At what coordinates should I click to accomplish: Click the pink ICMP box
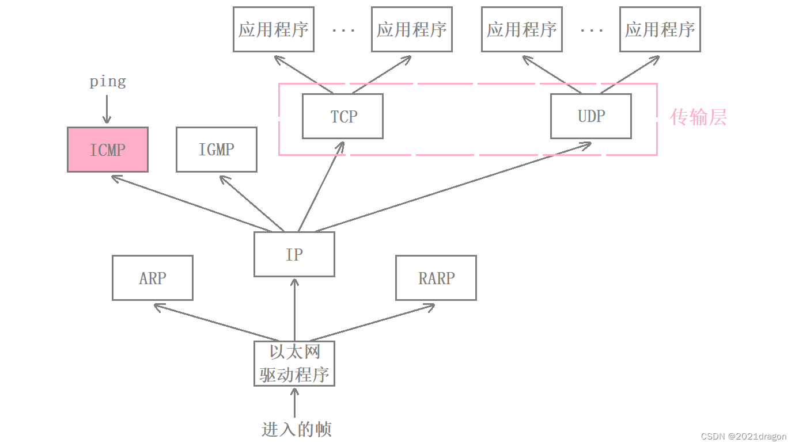[x=108, y=150]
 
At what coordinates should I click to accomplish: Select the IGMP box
[x=217, y=150]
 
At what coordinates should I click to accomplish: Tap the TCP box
[x=343, y=116]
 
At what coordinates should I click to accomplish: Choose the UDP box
[x=591, y=116]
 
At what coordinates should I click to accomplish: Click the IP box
[x=294, y=254]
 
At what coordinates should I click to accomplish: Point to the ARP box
[x=153, y=278]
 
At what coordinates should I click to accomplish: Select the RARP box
[x=436, y=278]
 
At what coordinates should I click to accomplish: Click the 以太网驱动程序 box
[x=294, y=364]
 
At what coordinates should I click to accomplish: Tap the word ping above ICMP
[x=108, y=82]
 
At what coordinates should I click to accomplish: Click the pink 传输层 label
[x=698, y=117]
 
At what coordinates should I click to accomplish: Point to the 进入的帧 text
[x=296, y=429]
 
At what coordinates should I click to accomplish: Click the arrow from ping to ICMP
[x=107, y=109]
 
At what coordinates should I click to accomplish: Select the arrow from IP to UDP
[x=452, y=188]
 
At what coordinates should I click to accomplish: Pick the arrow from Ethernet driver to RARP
[x=372, y=323]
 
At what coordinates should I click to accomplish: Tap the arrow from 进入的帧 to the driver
[x=295, y=403]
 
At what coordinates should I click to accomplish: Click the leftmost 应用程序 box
[x=274, y=29]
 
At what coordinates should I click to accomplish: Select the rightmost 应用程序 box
[x=660, y=29]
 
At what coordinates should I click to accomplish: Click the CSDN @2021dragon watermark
[x=744, y=437]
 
